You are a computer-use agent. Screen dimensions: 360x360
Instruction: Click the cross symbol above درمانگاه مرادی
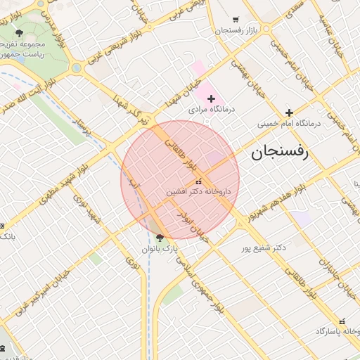211,98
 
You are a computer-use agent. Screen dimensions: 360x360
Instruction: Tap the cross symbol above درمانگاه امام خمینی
289,112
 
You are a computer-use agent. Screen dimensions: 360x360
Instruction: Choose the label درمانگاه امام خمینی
288,123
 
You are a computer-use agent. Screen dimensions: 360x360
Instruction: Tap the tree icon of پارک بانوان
160,238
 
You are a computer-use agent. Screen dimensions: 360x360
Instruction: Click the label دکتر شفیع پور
264,248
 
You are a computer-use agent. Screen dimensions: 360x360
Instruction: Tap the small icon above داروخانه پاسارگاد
342,321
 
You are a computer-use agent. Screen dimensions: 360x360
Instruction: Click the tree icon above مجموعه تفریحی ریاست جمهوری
19,33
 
